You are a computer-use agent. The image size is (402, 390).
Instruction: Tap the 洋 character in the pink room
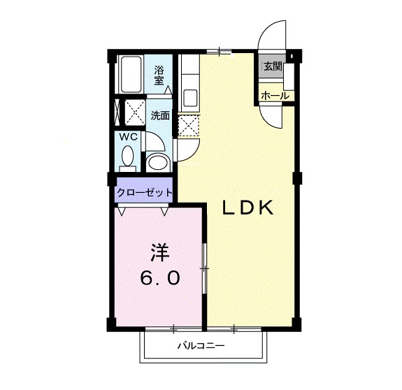pos(159,252)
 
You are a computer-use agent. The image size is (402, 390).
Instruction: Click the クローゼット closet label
pos(145,192)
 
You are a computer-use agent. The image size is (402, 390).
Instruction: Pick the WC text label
pos(127,137)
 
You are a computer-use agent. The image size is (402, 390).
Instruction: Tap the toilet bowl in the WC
pos(127,162)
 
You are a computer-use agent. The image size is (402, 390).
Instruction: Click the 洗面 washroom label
pos(160,116)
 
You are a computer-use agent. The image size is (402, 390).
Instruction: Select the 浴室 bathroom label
pos(160,75)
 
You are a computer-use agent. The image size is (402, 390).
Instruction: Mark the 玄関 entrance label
pos(273,67)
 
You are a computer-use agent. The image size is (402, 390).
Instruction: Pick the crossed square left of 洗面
pos(131,112)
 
